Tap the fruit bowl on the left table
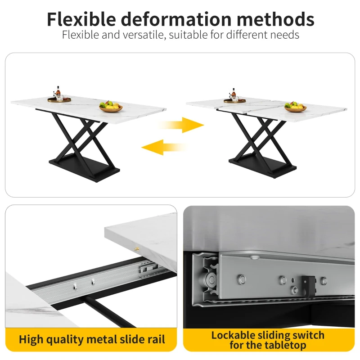[111, 107]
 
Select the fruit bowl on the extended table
[296, 107]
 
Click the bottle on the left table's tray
[58, 91]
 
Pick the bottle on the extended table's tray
[234, 92]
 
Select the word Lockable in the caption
[235, 335]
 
